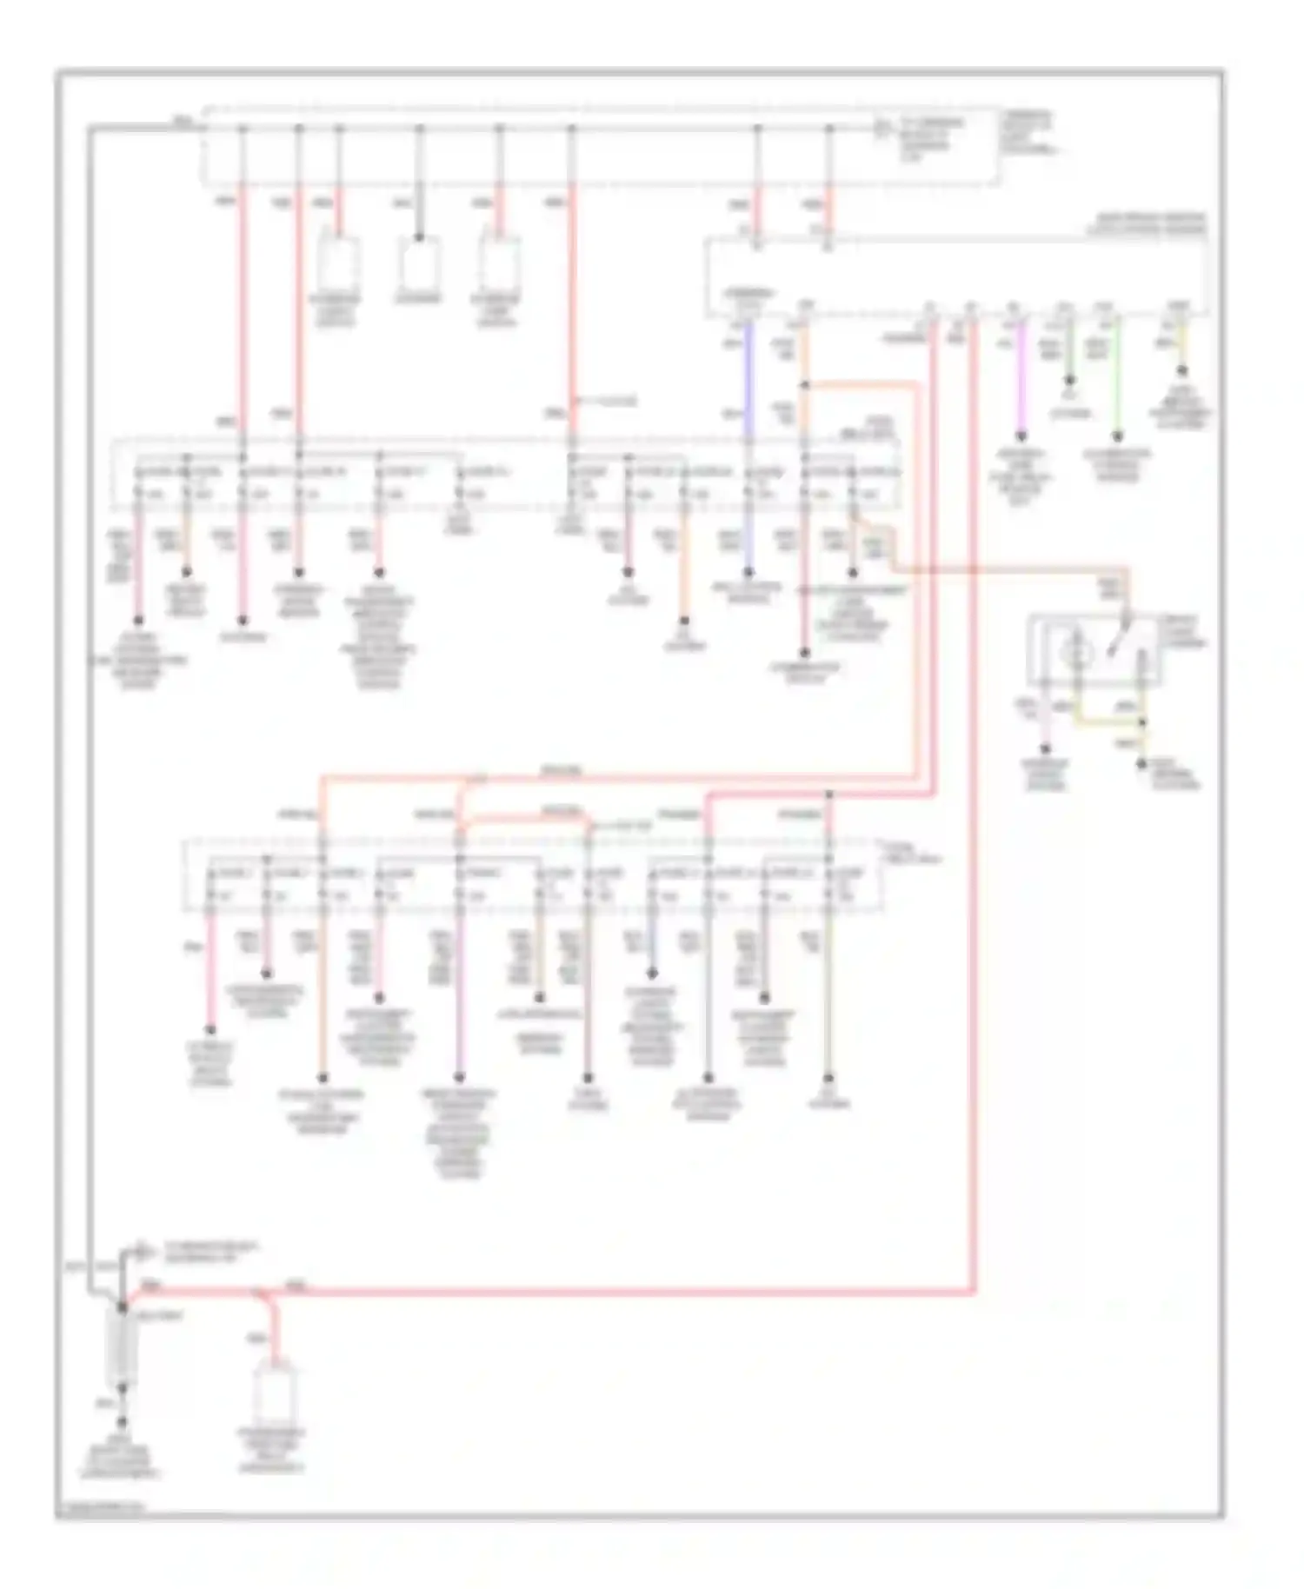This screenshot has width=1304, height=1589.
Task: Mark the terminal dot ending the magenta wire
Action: click(x=1021, y=436)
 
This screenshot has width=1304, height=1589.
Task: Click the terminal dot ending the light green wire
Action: click(x=1118, y=436)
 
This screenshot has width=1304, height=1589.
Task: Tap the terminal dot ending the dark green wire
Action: click(x=1069, y=381)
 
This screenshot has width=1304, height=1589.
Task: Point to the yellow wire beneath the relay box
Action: click(x=1108, y=721)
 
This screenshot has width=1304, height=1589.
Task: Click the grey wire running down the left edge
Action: click(x=89, y=695)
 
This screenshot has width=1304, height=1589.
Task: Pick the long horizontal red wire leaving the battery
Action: click(x=609, y=1293)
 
